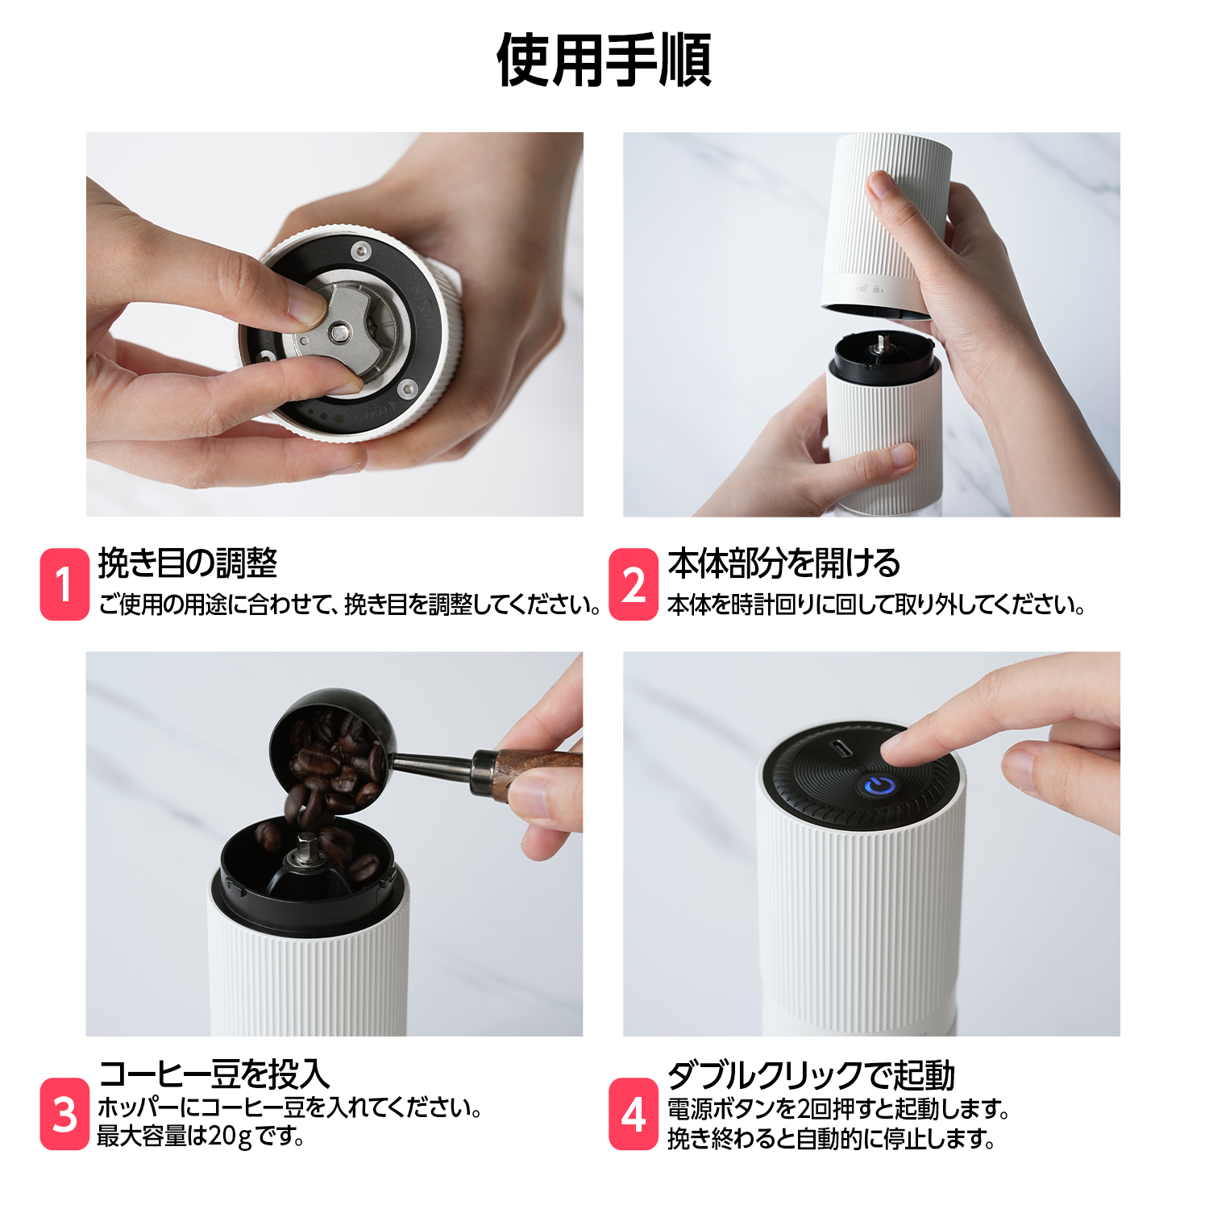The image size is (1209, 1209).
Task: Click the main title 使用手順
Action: [x=604, y=60]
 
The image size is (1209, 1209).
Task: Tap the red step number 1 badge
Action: [x=64, y=584]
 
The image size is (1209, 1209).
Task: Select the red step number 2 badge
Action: [x=634, y=584]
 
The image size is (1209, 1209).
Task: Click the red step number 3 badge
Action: [x=64, y=1114]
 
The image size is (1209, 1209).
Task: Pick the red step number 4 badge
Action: [x=634, y=1114]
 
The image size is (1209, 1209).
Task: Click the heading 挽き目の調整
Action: [x=188, y=563]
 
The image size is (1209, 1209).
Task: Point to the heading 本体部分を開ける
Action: [x=784, y=563]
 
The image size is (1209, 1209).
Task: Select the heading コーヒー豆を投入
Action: [x=214, y=1074]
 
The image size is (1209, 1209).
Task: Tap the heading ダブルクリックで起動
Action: [x=812, y=1075]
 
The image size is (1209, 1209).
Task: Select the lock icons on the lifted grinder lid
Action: [x=869, y=288]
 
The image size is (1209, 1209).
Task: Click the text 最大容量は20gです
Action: [x=201, y=1136]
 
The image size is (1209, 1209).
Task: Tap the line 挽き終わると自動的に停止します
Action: [x=832, y=1139]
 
